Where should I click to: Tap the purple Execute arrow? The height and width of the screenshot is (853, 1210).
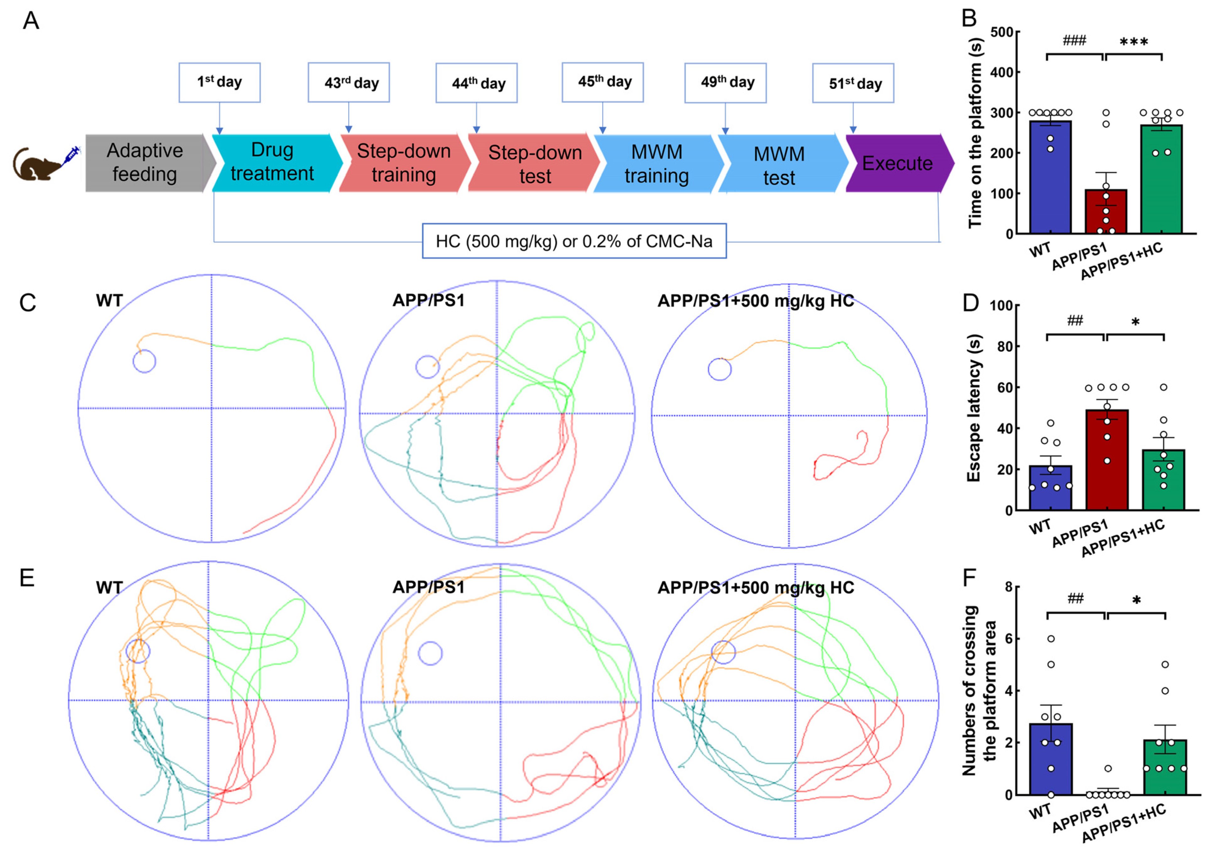tap(898, 163)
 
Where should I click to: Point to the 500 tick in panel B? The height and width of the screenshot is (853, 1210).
tap(1001, 33)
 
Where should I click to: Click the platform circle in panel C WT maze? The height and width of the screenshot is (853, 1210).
tap(144, 362)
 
